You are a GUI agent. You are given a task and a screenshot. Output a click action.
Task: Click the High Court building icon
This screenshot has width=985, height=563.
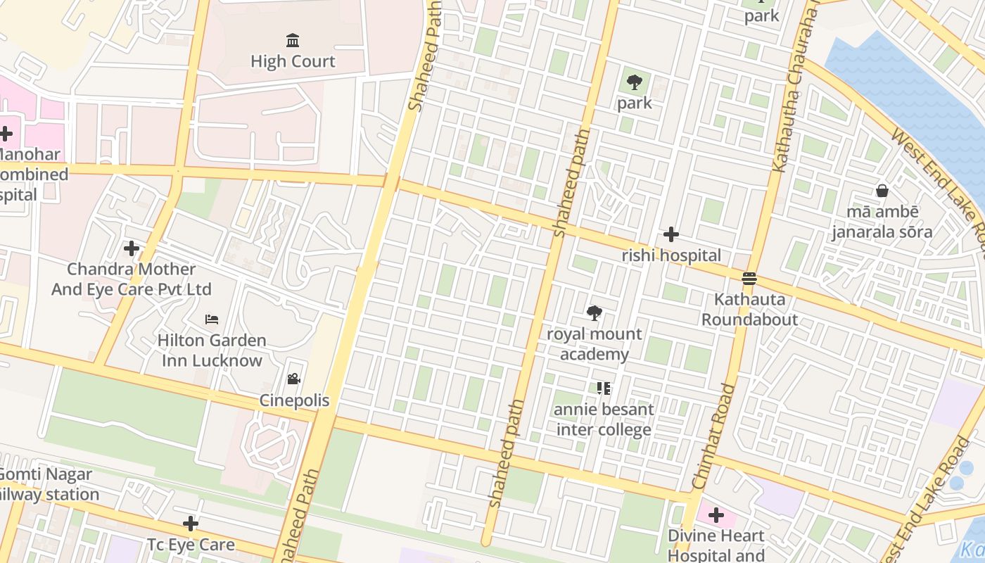(x=293, y=40)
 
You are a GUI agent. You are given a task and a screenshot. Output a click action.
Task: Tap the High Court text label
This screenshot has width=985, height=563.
(x=293, y=61)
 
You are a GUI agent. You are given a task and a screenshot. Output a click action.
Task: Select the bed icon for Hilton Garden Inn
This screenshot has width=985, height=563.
(x=211, y=320)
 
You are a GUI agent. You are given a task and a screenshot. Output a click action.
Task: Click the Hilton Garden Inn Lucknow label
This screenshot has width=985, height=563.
(x=211, y=350)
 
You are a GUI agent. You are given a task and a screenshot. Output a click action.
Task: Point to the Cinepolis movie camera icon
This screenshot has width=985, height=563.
(x=293, y=379)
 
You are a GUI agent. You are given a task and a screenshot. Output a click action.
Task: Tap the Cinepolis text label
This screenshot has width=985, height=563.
(x=294, y=400)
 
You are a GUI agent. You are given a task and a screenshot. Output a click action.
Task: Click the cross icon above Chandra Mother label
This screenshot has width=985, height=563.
(x=131, y=248)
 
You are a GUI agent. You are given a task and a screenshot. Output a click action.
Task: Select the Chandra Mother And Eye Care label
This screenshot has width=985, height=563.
(x=131, y=279)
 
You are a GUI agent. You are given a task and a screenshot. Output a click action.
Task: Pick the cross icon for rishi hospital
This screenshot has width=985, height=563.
(x=671, y=234)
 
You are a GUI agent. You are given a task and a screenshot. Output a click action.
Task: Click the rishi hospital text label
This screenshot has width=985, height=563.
(x=671, y=255)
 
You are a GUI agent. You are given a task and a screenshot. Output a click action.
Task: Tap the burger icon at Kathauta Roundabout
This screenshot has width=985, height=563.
(x=749, y=279)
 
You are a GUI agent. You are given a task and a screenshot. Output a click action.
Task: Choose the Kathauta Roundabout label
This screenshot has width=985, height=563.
(x=749, y=309)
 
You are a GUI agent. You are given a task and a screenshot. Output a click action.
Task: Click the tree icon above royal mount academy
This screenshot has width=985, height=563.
(x=595, y=313)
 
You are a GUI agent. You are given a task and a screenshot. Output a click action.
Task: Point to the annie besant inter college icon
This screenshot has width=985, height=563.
(x=603, y=388)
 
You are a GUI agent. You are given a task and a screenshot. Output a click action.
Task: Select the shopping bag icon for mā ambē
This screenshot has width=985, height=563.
(x=882, y=191)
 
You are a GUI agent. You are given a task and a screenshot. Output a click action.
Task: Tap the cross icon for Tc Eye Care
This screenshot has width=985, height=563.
(x=190, y=524)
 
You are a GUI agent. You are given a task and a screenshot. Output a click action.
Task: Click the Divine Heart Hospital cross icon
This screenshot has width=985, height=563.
(x=716, y=515)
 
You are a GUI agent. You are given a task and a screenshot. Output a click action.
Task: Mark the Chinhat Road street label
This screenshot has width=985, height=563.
(x=713, y=436)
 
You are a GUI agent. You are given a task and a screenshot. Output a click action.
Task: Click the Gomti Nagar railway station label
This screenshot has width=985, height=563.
(x=46, y=484)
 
